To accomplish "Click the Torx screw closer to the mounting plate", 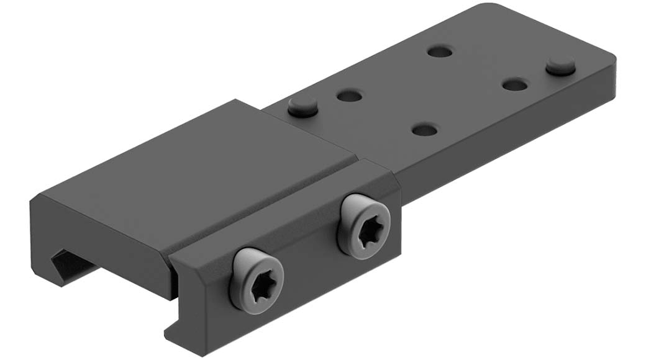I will tap(364, 222).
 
